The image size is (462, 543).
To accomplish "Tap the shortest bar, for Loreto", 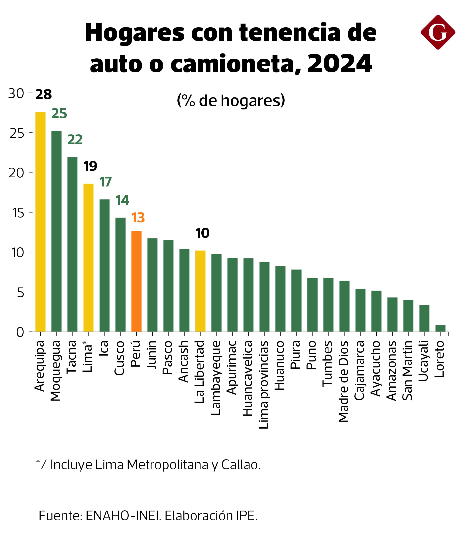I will (x=440, y=328).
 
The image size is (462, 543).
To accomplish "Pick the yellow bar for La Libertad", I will (x=200, y=291).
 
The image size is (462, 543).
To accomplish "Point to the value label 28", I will (x=43, y=94).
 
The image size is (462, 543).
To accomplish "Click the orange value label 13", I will (x=138, y=218).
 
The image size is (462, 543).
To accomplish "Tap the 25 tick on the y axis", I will (x=17, y=133).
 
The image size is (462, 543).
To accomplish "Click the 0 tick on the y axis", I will (x=20, y=332).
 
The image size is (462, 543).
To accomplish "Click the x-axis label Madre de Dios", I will (x=343, y=381).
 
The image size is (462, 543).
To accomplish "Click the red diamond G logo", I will (x=438, y=32).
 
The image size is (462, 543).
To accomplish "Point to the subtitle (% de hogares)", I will (x=231, y=100).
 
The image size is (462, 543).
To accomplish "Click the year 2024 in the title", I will (x=339, y=63).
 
